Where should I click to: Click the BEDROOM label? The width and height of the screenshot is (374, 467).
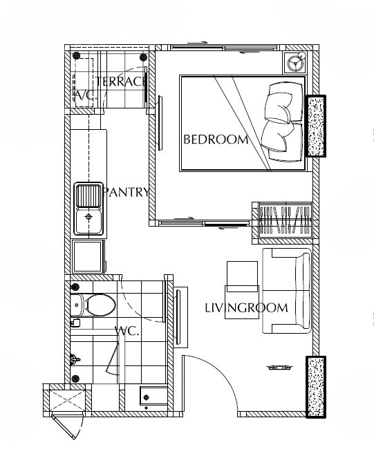click(x=216, y=140)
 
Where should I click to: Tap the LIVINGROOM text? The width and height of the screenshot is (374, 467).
click(x=246, y=307)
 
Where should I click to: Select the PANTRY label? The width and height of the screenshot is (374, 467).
click(x=126, y=192)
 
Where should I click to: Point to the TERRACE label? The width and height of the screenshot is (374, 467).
click(x=121, y=82)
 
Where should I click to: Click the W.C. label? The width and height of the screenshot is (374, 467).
click(x=127, y=331)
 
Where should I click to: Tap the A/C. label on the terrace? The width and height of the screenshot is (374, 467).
click(x=85, y=95)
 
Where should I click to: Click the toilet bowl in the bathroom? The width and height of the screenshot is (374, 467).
click(x=100, y=305)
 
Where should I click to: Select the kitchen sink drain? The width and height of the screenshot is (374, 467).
click(x=88, y=216)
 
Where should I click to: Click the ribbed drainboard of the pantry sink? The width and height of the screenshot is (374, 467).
click(x=88, y=196)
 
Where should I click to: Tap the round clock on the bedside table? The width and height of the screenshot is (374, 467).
click(x=295, y=63)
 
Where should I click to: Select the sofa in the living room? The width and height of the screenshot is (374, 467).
click(x=287, y=291)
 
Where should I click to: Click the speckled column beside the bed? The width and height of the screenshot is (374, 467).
click(x=316, y=126)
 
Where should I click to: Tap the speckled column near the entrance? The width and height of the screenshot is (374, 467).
click(x=316, y=387)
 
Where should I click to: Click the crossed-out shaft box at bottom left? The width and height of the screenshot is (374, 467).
click(x=67, y=401)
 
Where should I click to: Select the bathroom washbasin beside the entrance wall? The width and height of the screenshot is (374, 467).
click(x=153, y=396)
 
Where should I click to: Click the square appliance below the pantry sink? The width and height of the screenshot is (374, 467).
click(x=88, y=257)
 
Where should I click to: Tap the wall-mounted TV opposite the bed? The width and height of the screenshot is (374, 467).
click(x=160, y=123)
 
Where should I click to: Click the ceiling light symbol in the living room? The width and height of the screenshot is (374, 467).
click(x=279, y=368)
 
